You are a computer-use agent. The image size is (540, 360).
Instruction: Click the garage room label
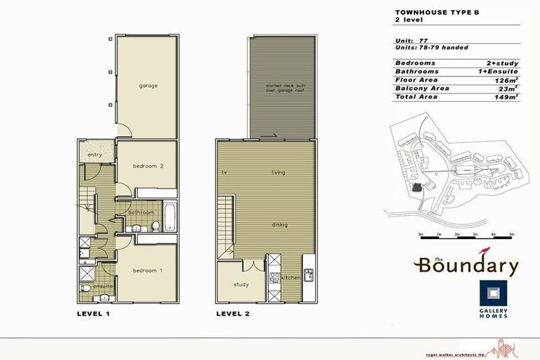pos(148,86)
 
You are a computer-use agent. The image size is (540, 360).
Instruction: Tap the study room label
pos(241,284)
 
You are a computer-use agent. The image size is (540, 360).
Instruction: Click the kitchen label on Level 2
pos(291,278)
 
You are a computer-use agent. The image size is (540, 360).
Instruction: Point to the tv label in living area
pos(222,172)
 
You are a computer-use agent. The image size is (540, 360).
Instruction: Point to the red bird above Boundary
pos(484,251)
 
